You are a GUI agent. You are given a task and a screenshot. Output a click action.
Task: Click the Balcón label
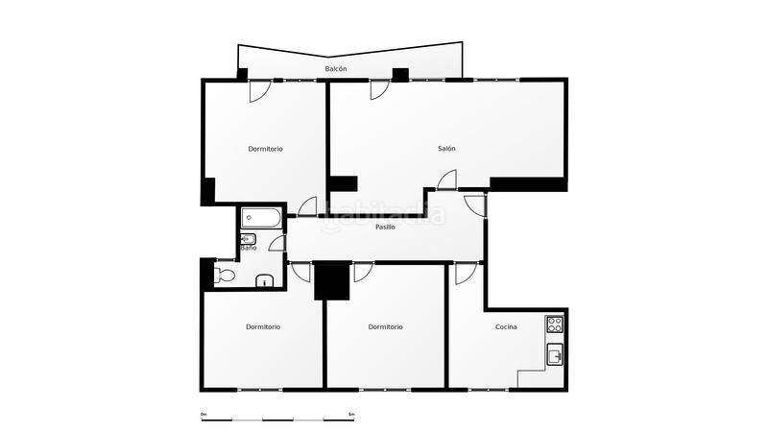(336, 70)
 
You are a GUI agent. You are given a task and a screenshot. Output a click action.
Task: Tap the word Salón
(446, 149)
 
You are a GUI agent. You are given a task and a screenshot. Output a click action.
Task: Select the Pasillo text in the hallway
(385, 228)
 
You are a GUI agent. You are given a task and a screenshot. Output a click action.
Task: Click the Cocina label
(506, 327)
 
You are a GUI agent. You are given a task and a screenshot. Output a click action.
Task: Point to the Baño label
(248, 249)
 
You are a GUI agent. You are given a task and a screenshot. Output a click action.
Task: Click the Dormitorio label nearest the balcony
(265, 149)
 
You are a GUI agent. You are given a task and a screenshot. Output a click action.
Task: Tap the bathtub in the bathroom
(261, 218)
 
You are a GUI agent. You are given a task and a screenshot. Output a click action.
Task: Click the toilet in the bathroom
(225, 276)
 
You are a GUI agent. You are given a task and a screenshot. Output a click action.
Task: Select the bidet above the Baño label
(248, 238)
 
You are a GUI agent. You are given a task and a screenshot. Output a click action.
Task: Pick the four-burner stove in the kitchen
(555, 324)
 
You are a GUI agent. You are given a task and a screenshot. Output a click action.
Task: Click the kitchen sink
(555, 356)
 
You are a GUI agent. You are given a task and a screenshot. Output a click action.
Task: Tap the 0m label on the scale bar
(204, 414)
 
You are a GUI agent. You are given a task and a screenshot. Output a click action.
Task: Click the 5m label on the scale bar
(351, 414)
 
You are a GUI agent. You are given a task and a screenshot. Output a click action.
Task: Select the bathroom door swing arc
(278, 243)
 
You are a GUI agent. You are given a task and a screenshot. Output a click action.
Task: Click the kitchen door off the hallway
(464, 273)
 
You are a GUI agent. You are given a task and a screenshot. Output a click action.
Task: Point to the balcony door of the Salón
(379, 89)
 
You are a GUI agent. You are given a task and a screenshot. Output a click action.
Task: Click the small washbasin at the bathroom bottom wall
(266, 281)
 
